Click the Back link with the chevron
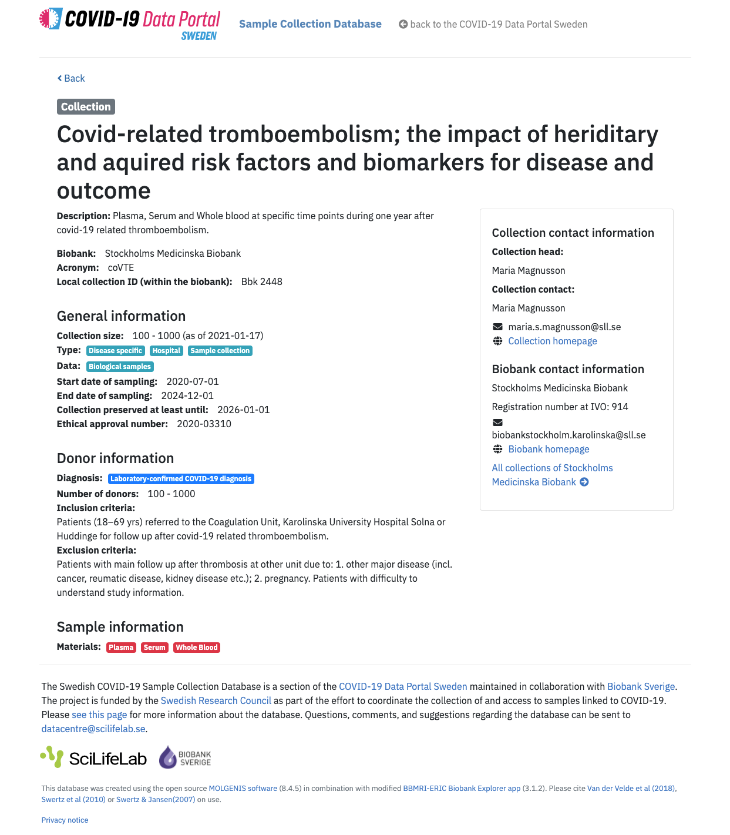pyautogui.click(x=71, y=78)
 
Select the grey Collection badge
pyautogui.click(x=86, y=106)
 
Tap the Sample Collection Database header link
pyautogui.click(x=310, y=24)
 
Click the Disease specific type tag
pyautogui.click(x=115, y=351)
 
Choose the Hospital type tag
pyautogui.click(x=166, y=351)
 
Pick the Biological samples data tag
pyautogui.click(x=120, y=367)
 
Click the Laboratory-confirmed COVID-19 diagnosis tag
pyautogui.click(x=181, y=479)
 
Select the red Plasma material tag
pyautogui.click(x=121, y=648)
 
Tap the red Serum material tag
pyautogui.click(x=154, y=648)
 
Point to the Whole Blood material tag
pyautogui.click(x=197, y=648)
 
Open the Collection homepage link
pyautogui.click(x=552, y=341)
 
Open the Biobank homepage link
pyautogui.click(x=549, y=449)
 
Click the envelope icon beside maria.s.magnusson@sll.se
pyautogui.click(x=497, y=327)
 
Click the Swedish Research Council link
pyautogui.click(x=216, y=700)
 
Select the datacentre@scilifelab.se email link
pyautogui.click(x=93, y=729)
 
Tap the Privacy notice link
pyautogui.click(x=65, y=820)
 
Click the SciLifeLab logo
pyautogui.click(x=93, y=758)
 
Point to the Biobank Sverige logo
pyautogui.click(x=185, y=758)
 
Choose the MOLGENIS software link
pyautogui.click(x=243, y=789)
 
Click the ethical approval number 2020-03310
pyautogui.click(x=204, y=424)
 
